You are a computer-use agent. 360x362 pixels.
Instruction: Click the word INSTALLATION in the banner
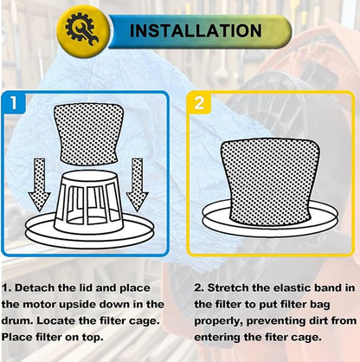[x=196, y=31]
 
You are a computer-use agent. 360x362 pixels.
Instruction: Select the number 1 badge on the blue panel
[x=14, y=102]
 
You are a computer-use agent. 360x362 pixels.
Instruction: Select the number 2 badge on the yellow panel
[x=199, y=103]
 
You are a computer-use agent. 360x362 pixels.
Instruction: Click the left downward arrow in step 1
[x=39, y=184]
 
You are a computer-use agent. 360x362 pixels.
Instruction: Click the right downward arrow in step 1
[x=138, y=184]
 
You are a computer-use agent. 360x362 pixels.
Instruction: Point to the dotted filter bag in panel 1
[x=88, y=134]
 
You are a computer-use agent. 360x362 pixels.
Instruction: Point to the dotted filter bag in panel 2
[x=270, y=182]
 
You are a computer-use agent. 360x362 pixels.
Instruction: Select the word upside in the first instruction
[x=75, y=305]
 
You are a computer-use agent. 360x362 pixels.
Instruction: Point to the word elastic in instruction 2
[x=292, y=288]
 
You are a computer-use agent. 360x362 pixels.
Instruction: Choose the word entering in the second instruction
[x=217, y=338]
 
